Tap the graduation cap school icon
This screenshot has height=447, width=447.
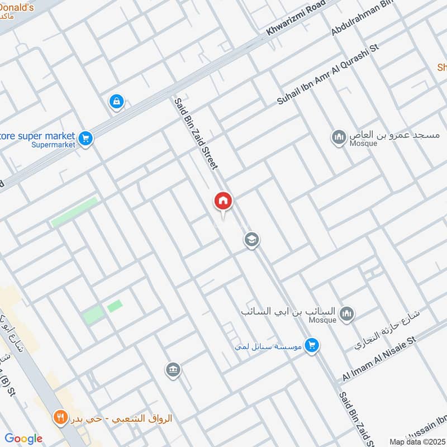(251, 240)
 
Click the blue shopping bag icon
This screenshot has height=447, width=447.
(116, 102)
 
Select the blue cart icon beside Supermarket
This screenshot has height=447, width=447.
(85, 137)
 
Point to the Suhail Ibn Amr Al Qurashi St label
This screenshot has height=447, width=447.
(328, 73)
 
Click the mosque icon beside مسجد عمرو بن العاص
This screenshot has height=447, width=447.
(338, 137)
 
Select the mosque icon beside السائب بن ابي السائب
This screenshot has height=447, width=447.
(346, 313)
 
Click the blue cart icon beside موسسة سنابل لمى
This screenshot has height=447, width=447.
(312, 345)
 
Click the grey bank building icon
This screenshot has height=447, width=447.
(172, 369)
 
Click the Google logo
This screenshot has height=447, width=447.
(23, 439)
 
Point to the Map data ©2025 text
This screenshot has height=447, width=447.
(417, 441)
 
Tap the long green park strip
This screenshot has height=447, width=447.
(74, 212)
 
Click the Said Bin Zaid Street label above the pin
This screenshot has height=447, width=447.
(195, 134)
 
